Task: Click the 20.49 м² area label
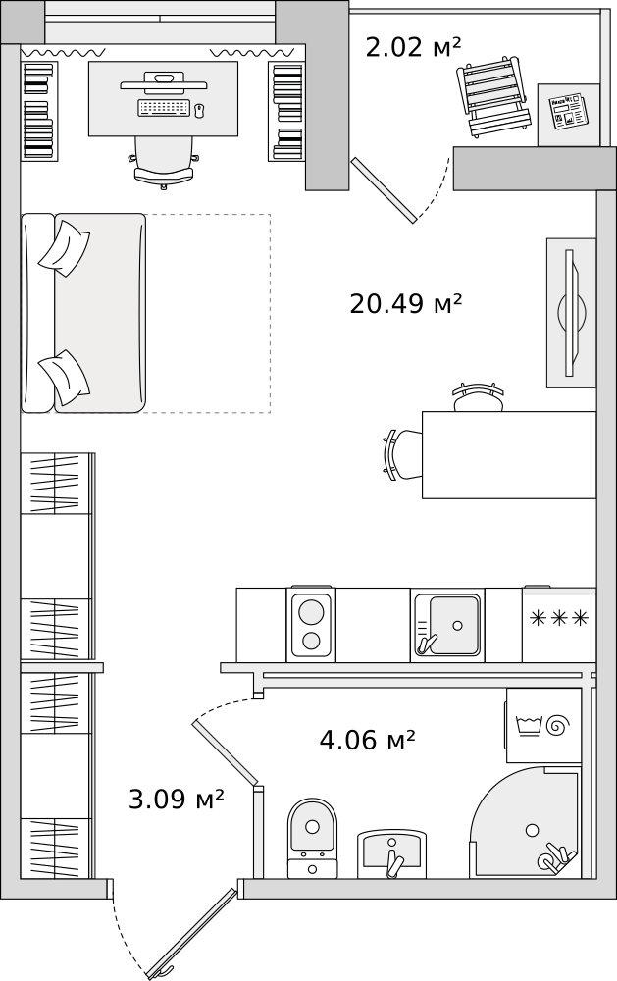point(405,305)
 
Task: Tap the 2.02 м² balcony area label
point(413,47)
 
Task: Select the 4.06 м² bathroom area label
point(367,740)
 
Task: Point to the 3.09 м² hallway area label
point(177,799)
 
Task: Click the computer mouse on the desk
point(200,111)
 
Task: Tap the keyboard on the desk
point(163,108)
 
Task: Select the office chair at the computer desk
point(163,162)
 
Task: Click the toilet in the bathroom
point(312,838)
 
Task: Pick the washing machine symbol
point(543,726)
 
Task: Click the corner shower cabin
point(526,823)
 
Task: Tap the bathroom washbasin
point(391,853)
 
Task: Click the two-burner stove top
point(311,624)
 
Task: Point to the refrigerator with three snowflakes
point(559,624)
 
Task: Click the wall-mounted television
point(572,313)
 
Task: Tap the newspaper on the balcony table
point(564,112)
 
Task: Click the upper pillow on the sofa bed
point(65,248)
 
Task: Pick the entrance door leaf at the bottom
point(191,932)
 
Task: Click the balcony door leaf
point(384,190)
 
